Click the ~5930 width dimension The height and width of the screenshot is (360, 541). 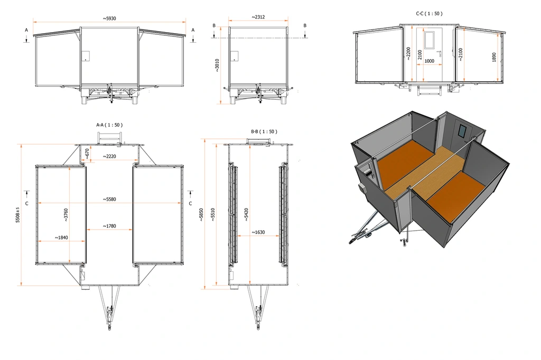coord(109,18)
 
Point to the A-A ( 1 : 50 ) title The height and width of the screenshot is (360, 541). coord(109,125)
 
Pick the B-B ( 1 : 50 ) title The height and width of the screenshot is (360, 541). coord(264,131)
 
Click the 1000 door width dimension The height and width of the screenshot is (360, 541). coord(430,61)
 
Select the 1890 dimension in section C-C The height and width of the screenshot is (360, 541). coord(494,57)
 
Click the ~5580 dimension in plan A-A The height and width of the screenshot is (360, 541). coord(109,199)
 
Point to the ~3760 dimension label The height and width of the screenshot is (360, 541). coord(66,214)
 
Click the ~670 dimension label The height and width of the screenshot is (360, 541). coord(87,153)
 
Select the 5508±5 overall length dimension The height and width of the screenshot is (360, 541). coord(18,215)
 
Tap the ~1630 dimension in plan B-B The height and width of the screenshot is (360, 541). coord(259,232)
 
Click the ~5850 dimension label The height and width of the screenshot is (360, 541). coord(201,214)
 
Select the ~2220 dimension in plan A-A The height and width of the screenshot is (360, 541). coord(110,156)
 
